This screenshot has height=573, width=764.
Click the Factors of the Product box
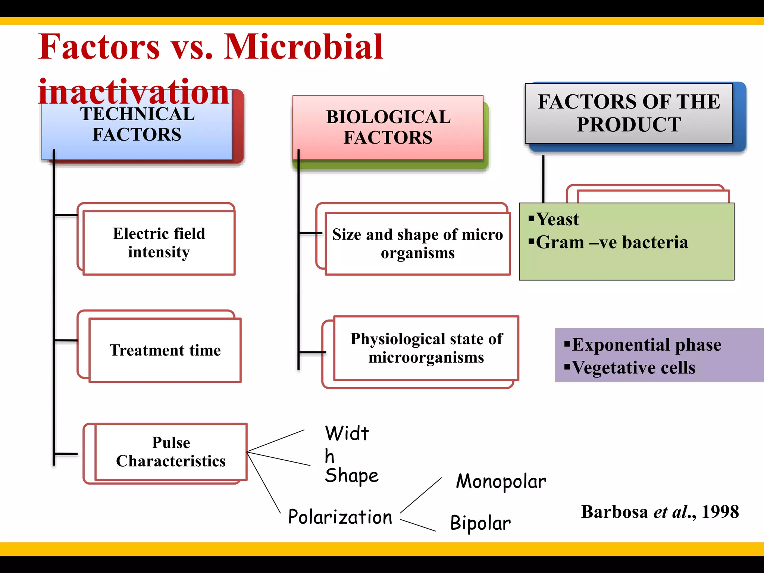click(629, 113)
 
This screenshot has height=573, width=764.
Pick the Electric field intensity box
click(159, 243)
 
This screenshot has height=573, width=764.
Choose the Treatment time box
click(165, 350)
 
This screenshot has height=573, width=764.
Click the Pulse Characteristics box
click(171, 452)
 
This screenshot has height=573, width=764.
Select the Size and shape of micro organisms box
click(417, 244)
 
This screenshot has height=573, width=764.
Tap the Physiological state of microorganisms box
click(426, 348)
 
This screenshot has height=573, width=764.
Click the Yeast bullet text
click(557, 219)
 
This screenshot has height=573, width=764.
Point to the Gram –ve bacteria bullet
click(612, 242)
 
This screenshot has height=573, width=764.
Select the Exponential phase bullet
click(646, 345)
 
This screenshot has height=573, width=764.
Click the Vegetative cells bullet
click(633, 368)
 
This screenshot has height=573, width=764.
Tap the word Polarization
click(340, 517)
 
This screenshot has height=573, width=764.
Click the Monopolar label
click(501, 482)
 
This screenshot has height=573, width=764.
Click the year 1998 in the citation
click(720, 512)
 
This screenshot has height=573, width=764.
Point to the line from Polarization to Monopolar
click(421, 495)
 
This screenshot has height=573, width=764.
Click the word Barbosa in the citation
click(614, 512)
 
